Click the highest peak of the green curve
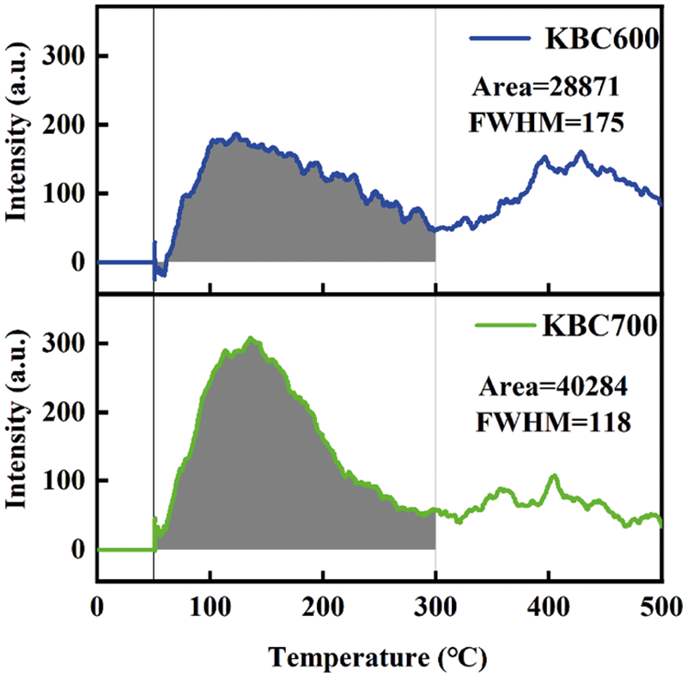click(x=251, y=339)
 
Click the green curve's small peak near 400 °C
click(x=554, y=476)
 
